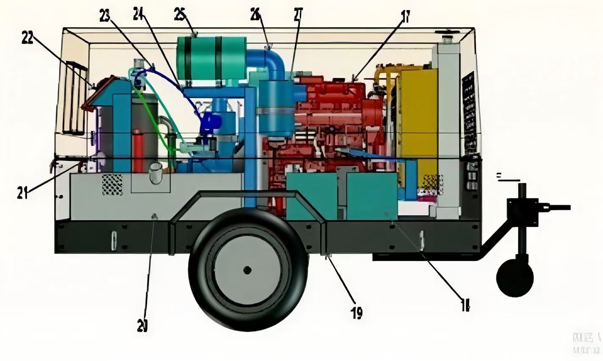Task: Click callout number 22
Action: (x=27, y=38)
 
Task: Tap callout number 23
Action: (x=105, y=16)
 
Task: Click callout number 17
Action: (x=405, y=17)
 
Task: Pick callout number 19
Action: (x=357, y=313)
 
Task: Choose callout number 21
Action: (x=22, y=193)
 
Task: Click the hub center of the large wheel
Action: (x=247, y=269)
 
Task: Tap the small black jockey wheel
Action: (x=514, y=278)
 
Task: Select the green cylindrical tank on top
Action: (x=211, y=58)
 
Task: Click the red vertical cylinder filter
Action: (x=138, y=150)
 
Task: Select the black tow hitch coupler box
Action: (x=523, y=212)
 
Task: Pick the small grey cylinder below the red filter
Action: (x=155, y=173)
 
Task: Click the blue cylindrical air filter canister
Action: (x=276, y=108)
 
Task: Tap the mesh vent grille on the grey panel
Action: (x=112, y=185)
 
